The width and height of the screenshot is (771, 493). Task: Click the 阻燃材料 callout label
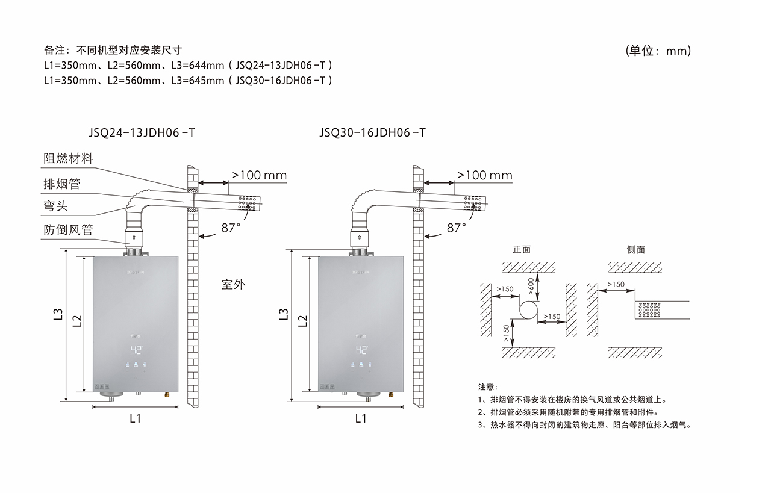point(68,159)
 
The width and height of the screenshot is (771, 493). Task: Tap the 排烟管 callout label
point(61,184)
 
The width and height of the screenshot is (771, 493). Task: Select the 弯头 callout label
point(55,206)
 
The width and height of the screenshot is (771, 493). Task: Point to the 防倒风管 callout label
point(68,230)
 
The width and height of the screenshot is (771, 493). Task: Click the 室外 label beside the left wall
point(234,284)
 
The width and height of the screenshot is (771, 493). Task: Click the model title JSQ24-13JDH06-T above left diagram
point(142,132)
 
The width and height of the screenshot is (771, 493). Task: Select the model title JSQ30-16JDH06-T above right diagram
point(372,132)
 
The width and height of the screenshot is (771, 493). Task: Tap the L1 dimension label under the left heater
point(135,418)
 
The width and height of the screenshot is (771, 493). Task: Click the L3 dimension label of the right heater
point(284,314)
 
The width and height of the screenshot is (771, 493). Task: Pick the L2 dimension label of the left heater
point(77,321)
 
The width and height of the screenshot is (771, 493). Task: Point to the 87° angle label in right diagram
point(456,228)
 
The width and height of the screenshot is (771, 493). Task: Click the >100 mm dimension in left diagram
point(259,175)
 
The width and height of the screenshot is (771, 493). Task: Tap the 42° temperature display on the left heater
point(136,349)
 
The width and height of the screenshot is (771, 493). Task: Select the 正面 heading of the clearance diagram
point(522,249)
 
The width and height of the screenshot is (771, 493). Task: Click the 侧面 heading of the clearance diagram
point(635,249)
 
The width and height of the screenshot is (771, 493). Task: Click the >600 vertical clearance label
point(531,285)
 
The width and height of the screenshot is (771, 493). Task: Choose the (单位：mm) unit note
point(658,51)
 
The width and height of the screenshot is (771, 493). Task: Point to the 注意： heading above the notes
point(488,386)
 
